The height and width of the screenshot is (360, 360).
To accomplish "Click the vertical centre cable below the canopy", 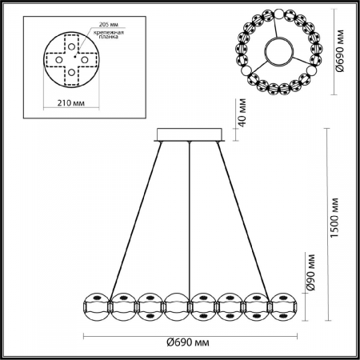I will point(190,216).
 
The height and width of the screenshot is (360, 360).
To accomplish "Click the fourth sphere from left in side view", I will point(178,305).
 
